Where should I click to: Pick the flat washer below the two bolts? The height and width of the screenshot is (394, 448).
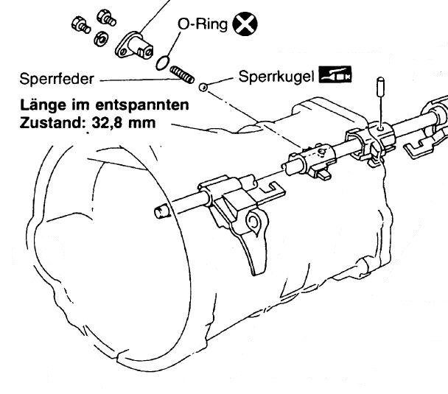[99, 37]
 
